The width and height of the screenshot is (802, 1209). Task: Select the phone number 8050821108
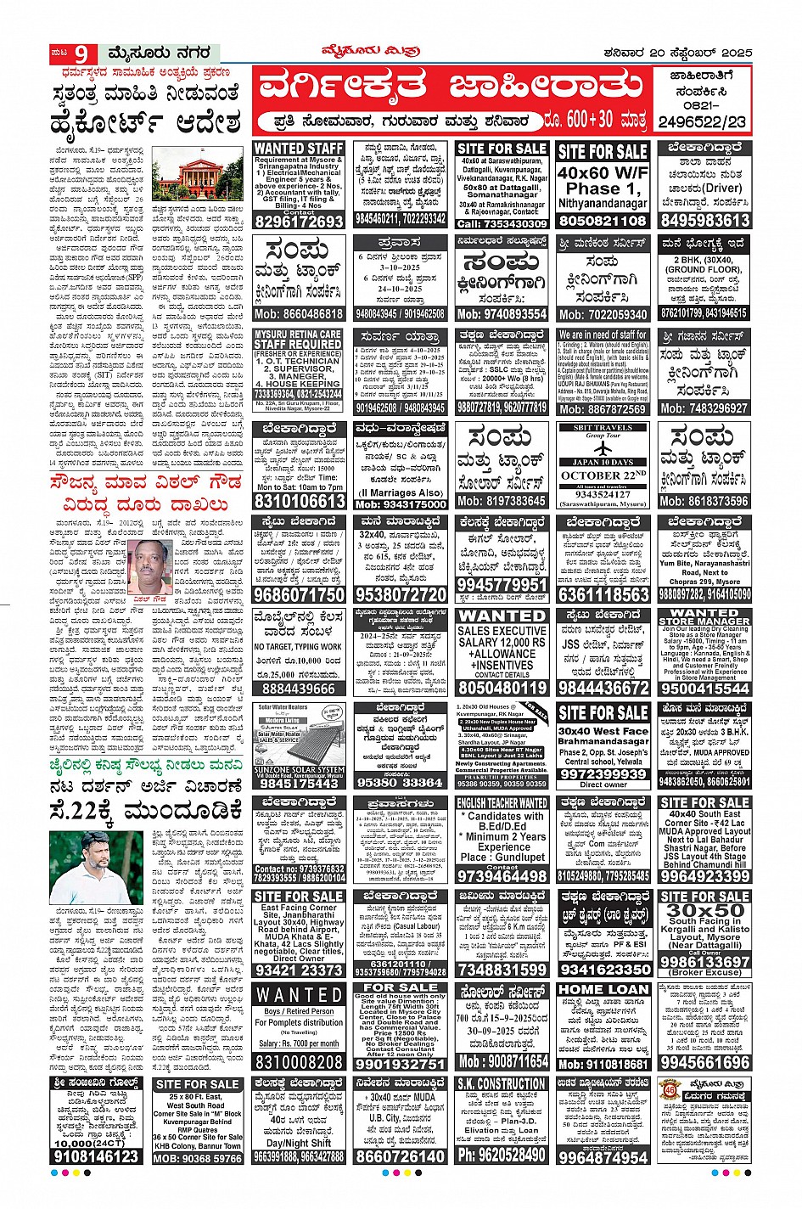click(603, 221)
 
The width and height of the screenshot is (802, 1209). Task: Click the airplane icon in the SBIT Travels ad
click(603, 447)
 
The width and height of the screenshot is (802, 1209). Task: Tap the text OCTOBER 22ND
click(603, 475)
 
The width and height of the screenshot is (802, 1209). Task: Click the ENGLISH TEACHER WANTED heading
click(502, 802)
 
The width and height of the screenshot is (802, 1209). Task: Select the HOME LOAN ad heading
click(603, 989)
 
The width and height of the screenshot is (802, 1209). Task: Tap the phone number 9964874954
click(603, 1156)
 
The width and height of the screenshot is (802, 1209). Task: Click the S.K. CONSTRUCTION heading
click(502, 1084)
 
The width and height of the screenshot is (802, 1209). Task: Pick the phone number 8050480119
click(502, 688)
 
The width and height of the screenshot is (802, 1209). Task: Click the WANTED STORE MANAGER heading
click(704, 617)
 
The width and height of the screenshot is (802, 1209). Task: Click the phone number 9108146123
click(96, 1156)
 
